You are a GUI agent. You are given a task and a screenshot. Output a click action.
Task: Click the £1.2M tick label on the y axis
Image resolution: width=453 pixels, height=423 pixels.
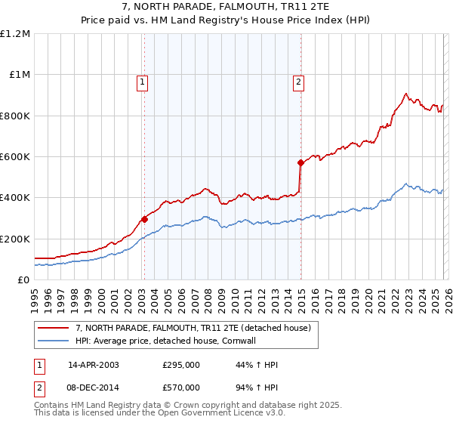[x=15, y=34]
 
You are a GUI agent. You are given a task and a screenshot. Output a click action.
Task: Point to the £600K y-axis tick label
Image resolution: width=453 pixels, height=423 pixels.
[x=15, y=157]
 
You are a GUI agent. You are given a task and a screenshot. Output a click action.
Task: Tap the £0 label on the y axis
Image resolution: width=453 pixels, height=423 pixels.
[x=23, y=280]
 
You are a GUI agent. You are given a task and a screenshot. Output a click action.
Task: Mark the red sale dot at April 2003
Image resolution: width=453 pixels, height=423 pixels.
[x=144, y=220]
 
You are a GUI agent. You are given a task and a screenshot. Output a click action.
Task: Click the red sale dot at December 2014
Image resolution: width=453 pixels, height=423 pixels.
[x=300, y=162]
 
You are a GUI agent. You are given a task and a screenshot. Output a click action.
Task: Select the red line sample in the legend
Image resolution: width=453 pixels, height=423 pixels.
[x=53, y=328]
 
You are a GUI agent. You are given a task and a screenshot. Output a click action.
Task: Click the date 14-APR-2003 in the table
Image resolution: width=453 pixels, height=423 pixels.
[x=94, y=365]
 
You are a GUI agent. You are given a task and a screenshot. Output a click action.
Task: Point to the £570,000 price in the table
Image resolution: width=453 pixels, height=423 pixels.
[x=180, y=387]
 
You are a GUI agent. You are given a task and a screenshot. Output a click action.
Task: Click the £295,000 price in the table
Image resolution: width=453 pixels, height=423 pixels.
[x=180, y=365]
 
